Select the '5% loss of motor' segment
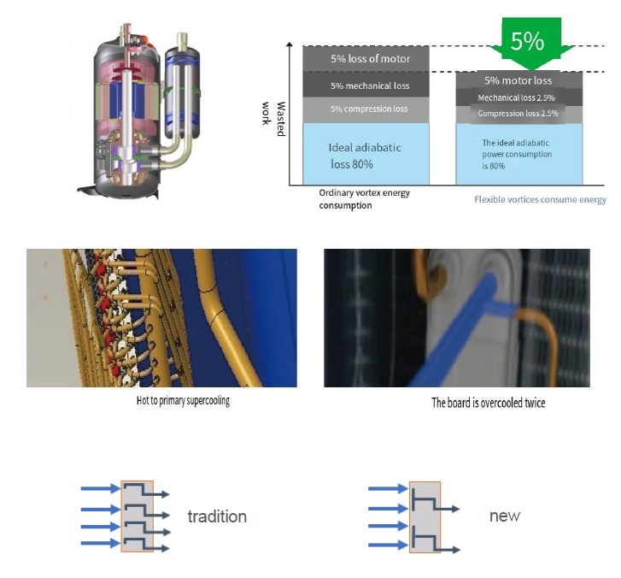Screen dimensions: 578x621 pyautogui.click(x=370, y=58)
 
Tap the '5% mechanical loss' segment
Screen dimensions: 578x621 pyautogui.click(x=370, y=86)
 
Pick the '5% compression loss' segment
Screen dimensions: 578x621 pyautogui.click(x=370, y=109)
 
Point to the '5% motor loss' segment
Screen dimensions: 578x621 pyautogui.click(x=518, y=81)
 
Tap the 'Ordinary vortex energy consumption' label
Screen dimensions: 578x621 pyautogui.click(x=364, y=198)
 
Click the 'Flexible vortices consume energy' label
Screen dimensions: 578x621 pyautogui.click(x=540, y=199)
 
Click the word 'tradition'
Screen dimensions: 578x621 pyautogui.click(x=217, y=516)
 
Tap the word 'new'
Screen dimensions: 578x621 pyautogui.click(x=504, y=516)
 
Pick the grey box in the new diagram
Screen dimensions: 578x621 pyautogui.click(x=425, y=516)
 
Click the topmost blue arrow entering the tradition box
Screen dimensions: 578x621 pyautogui.click(x=101, y=489)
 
